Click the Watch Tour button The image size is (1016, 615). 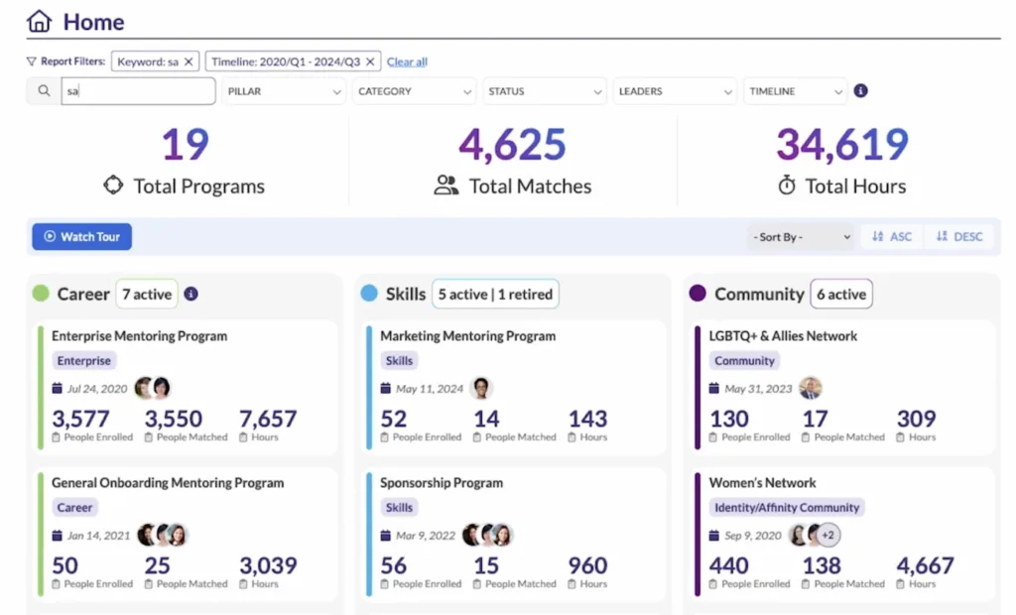tap(81, 237)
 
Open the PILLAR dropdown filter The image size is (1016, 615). tap(284, 91)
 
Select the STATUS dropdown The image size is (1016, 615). tap(545, 91)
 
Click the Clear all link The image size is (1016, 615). tap(407, 61)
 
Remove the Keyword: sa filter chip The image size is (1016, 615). tap(189, 61)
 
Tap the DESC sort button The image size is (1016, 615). tap(959, 237)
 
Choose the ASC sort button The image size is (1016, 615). tap(892, 237)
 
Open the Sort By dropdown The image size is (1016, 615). tap(802, 237)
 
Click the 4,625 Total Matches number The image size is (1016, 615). tap(512, 145)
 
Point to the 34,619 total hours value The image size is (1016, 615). tap(841, 145)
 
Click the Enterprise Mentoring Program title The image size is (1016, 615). tap(139, 336)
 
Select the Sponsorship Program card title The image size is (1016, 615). tap(442, 483)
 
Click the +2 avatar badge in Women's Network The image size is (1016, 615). tap(828, 536)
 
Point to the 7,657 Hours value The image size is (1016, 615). tap(268, 419)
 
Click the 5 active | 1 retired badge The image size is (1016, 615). tap(495, 295)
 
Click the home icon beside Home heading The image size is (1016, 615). tap(39, 21)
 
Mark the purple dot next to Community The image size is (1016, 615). tap(698, 295)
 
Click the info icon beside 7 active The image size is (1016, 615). tap(191, 295)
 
